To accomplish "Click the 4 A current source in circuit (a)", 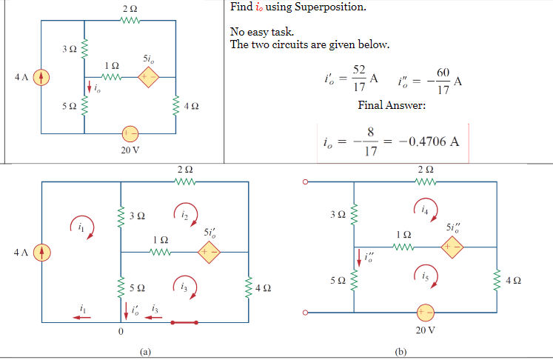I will tap(42, 253).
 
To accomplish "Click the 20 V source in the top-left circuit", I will tap(130, 133).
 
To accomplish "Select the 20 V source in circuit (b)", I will tap(423, 312).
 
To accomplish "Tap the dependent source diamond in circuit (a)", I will tap(208, 253).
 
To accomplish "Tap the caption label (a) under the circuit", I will tap(145, 352).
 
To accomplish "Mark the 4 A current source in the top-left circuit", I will tap(41, 76).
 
